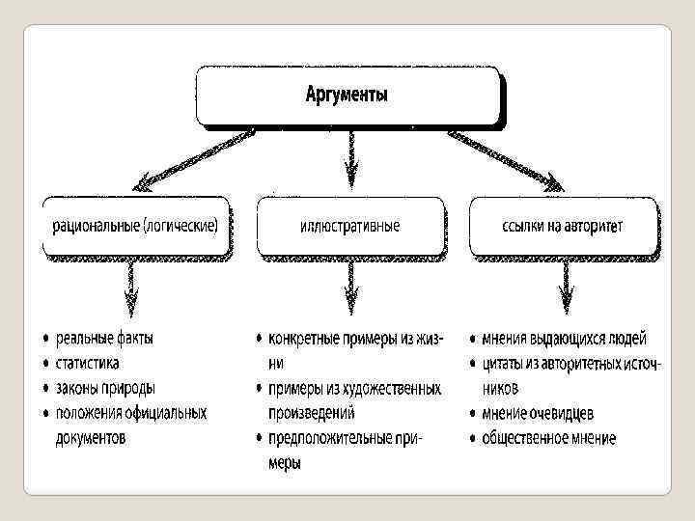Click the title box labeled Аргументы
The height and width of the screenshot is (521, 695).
(x=348, y=96)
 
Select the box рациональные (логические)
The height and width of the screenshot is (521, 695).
(x=135, y=226)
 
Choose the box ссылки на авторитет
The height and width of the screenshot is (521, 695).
(x=564, y=226)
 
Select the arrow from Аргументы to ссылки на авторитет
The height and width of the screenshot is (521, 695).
(x=507, y=154)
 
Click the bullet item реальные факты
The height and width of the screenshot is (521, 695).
(x=104, y=339)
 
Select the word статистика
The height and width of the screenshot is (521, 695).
(x=88, y=364)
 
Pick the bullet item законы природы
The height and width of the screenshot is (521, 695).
(x=104, y=389)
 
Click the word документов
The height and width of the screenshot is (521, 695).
(x=91, y=438)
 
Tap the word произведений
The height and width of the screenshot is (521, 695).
(x=312, y=413)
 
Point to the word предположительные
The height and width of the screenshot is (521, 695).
(x=328, y=438)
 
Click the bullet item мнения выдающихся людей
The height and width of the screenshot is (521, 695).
(x=564, y=339)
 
